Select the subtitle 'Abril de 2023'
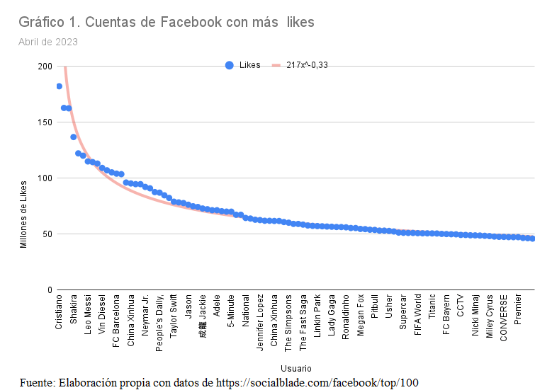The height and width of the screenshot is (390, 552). tap(48, 42)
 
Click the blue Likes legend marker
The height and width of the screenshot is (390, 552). tap(229, 65)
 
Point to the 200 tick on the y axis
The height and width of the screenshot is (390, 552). tap(45, 67)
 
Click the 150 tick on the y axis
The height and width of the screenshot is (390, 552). tap(45, 122)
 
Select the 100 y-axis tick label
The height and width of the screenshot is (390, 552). tap(45, 178)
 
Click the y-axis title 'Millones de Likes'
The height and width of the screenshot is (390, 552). tap(23, 214)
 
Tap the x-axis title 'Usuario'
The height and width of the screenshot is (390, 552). tap(295, 369)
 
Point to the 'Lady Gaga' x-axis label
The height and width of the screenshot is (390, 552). tap(332, 314)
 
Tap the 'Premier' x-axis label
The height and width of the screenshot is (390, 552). tap(519, 309)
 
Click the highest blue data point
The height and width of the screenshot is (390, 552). tap(59, 86)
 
